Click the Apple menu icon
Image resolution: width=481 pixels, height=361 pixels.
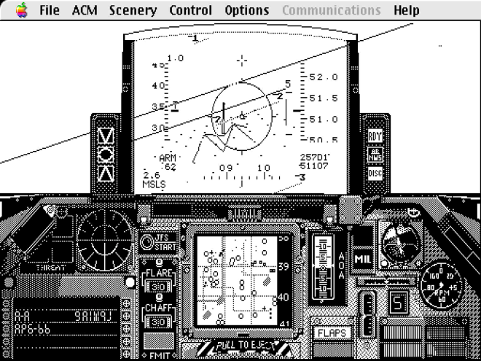tap(21, 10)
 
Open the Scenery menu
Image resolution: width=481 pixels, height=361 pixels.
tap(133, 10)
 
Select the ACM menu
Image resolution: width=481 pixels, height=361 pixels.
tap(85, 10)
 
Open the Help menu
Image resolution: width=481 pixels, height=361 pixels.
tap(406, 10)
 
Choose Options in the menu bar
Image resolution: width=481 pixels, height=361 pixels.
tap(246, 10)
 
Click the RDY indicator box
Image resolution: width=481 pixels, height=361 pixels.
tap(375, 136)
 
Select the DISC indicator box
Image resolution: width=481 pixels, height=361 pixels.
tap(375, 174)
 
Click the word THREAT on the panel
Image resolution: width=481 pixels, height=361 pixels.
tap(52, 268)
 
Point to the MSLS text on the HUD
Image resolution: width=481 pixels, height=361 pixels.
tap(155, 184)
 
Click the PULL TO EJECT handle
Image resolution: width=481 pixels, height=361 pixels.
tap(244, 345)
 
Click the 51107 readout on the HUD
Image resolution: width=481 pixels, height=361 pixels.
tap(313, 166)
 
